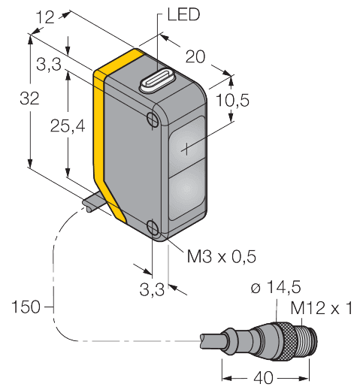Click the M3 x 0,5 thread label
coord(221,257)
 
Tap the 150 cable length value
coord(26,307)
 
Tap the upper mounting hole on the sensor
coord(153,119)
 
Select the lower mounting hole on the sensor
coord(153,228)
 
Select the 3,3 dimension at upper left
coord(49,65)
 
